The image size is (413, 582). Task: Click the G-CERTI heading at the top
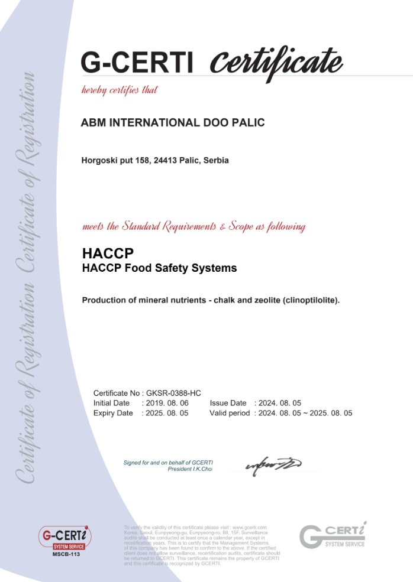click(137, 62)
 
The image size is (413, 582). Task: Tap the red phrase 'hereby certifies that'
click(120, 90)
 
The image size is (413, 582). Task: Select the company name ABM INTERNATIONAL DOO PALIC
click(172, 123)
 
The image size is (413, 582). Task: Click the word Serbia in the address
click(216, 160)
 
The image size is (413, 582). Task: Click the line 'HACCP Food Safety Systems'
click(159, 268)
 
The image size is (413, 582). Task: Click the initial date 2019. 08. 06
click(165, 403)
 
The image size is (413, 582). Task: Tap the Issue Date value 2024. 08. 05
click(278, 403)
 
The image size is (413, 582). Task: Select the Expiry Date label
click(113, 413)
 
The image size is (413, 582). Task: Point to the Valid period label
click(230, 413)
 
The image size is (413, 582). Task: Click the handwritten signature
click(273, 464)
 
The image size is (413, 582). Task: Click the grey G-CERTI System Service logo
click(333, 535)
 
